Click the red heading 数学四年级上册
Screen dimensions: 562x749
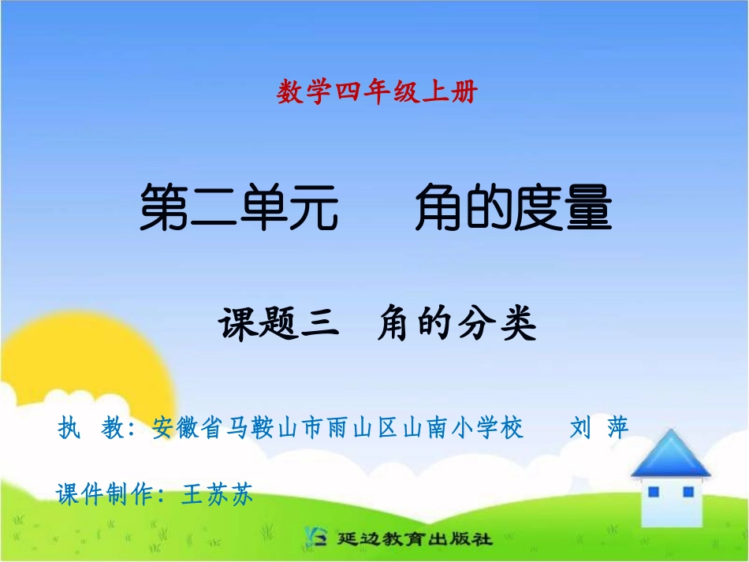point(377,93)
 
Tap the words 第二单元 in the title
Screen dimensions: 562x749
point(239,207)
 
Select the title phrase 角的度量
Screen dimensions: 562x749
point(513,207)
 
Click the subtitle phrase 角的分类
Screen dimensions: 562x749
point(456,324)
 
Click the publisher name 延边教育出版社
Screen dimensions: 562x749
point(414,540)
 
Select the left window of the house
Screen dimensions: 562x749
point(653,492)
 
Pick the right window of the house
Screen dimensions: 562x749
point(688,492)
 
